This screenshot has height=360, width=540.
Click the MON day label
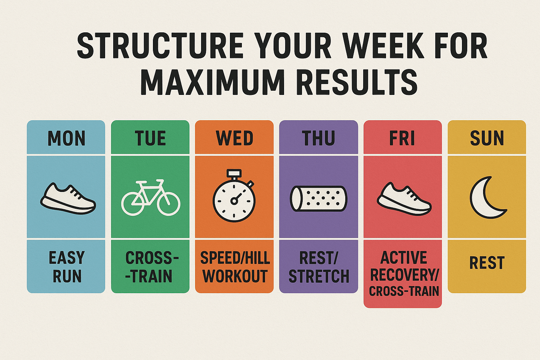(x=66, y=138)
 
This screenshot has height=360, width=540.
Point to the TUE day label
(x=150, y=138)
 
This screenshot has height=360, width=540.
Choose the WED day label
(x=234, y=138)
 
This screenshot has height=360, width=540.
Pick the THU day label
(x=319, y=138)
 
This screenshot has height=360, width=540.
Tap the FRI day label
(x=402, y=138)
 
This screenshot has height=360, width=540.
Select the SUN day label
(x=487, y=138)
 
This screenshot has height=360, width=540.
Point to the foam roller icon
(x=319, y=199)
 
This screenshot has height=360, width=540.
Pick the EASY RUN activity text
(x=67, y=267)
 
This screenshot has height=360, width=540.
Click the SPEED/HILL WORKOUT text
(x=235, y=267)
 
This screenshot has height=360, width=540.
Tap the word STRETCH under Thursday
(x=319, y=276)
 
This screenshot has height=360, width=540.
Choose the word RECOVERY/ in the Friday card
(x=405, y=275)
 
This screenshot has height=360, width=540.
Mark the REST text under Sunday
(x=487, y=263)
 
